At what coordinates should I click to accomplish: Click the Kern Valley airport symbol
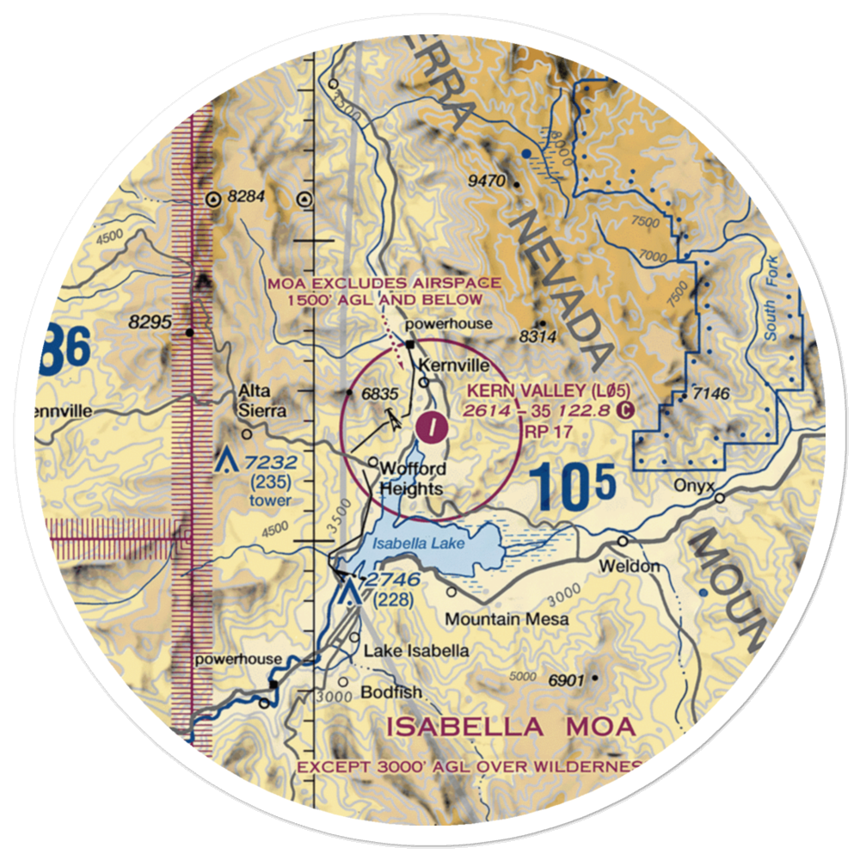tap(431, 423)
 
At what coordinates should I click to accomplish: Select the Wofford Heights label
tap(413, 479)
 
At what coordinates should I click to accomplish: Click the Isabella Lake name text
tap(420, 544)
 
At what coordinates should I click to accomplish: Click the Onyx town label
tap(695, 485)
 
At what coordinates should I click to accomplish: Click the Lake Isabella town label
tap(416, 650)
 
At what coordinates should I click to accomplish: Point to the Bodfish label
tap(380, 691)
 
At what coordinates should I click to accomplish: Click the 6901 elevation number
tap(567, 680)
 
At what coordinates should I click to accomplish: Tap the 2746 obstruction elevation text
tap(391, 580)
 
